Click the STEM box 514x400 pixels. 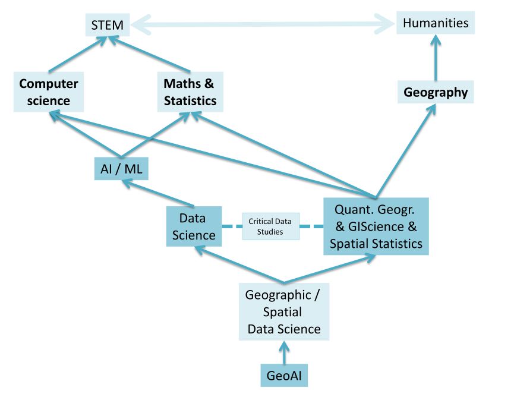tap(108, 25)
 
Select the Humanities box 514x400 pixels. tap(436, 23)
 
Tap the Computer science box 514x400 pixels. tap(49, 92)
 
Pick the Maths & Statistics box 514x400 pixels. tap(190, 92)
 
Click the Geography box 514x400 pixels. tap(436, 92)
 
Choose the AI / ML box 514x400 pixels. tap(121, 169)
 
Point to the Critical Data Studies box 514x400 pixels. tap(271, 226)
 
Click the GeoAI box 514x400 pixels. tap(284, 375)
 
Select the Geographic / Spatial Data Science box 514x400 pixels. tap(284, 311)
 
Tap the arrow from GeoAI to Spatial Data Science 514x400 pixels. tap(284, 352)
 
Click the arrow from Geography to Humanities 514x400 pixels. tap(436, 58)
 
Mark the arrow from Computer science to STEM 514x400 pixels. tap(78, 54)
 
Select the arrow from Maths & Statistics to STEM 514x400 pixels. tap(149, 54)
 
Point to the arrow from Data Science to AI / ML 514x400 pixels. tap(159, 193)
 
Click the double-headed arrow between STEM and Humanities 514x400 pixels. tap(263, 24)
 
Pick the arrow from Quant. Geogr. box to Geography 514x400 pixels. tap(406, 151)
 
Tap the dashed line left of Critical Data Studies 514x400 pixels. tap(232, 226)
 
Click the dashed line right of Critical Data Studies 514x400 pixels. tap(311, 226)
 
